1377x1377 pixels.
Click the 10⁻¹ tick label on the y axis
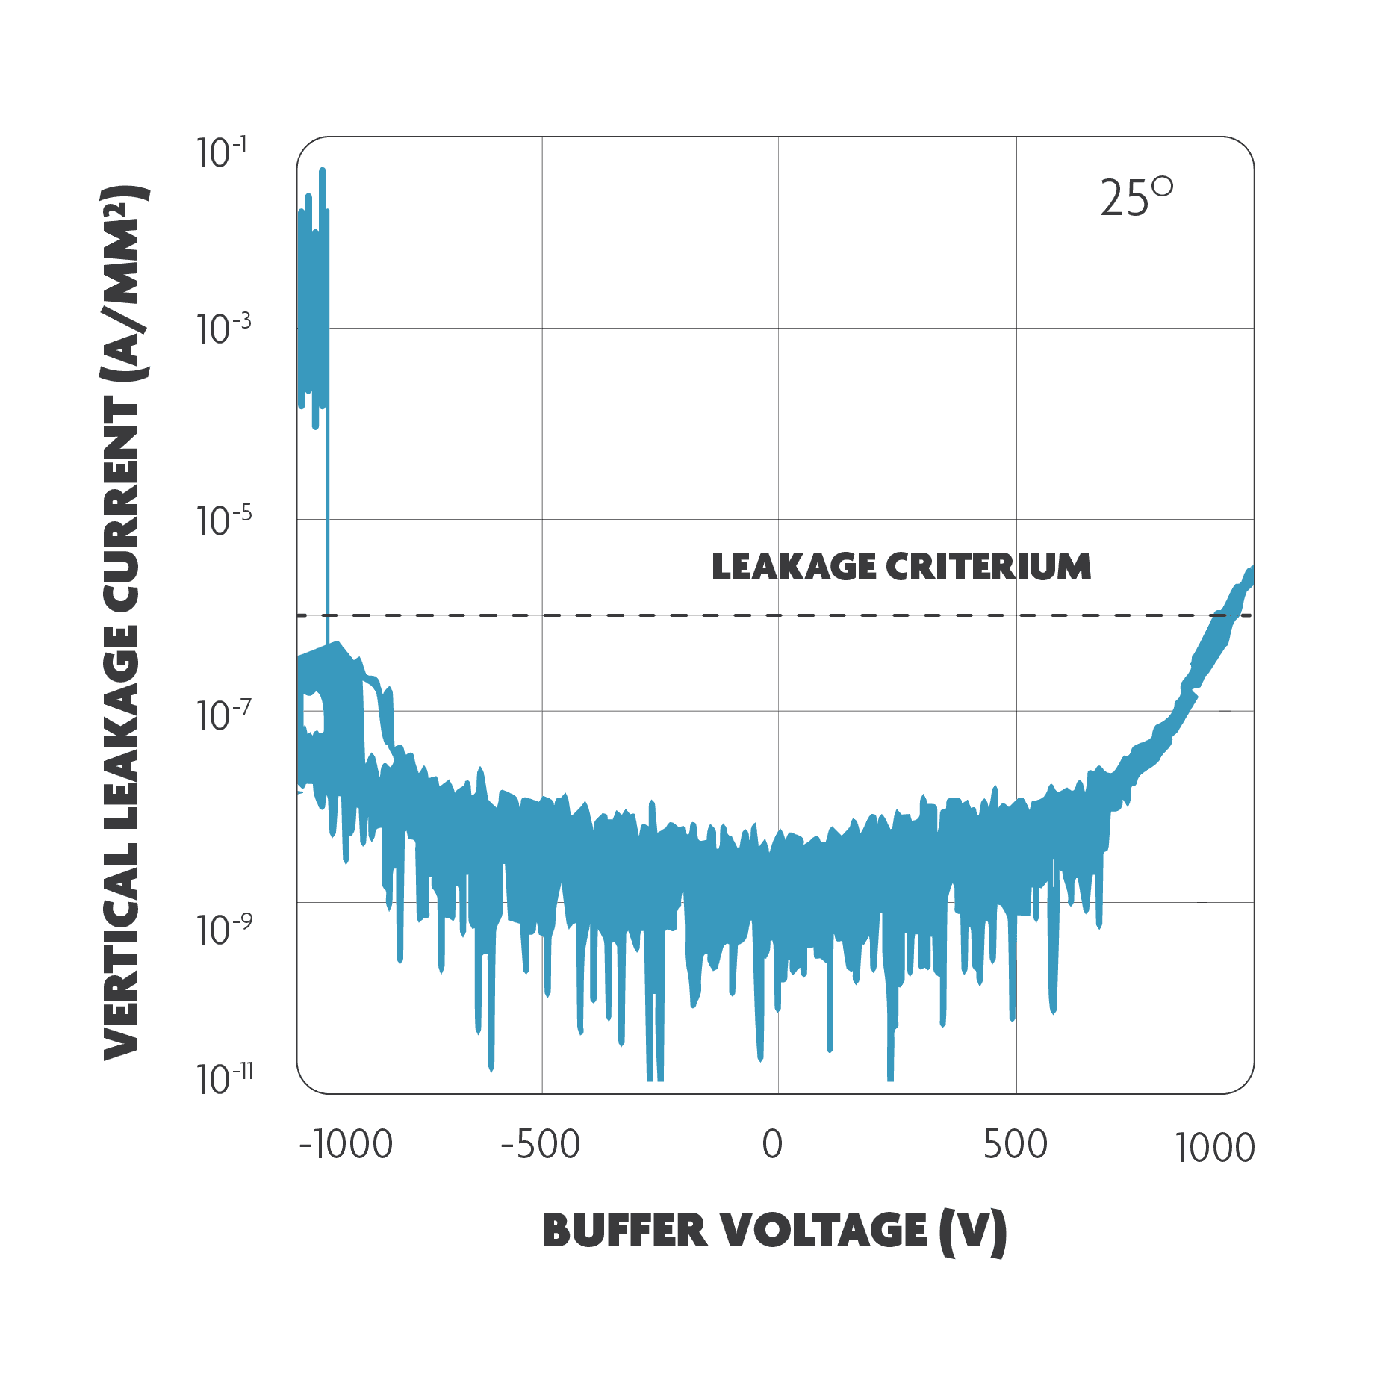[x=223, y=153]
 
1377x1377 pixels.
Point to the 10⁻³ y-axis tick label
[x=223, y=329]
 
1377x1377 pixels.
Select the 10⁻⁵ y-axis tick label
[x=223, y=520]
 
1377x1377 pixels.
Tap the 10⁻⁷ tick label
[x=223, y=715]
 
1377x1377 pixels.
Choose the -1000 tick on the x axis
[x=346, y=1145]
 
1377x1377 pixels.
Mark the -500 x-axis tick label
[x=540, y=1145]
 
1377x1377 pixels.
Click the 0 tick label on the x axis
[x=772, y=1145]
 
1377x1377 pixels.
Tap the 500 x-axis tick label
[x=1015, y=1145]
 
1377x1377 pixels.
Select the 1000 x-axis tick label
[x=1215, y=1148]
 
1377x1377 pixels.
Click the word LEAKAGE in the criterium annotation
[x=793, y=567]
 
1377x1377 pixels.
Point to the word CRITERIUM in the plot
[x=988, y=567]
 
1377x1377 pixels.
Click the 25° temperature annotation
[x=1135, y=198]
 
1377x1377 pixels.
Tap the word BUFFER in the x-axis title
[x=624, y=1231]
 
